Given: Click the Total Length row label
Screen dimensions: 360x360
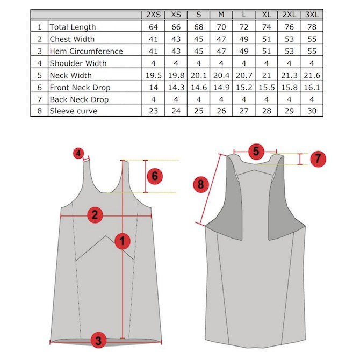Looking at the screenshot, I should pyautogui.click(x=73, y=27).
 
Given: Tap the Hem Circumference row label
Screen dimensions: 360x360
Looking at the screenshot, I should pyautogui.click(x=86, y=51).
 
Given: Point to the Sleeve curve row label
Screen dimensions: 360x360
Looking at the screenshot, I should pyautogui.click(x=74, y=111).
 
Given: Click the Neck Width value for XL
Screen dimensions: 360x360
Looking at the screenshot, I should pyautogui.click(x=266, y=75).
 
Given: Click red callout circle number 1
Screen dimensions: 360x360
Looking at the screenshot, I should pyautogui.click(x=124, y=241).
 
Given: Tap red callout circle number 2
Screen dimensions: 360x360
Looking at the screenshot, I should pyautogui.click(x=95, y=215).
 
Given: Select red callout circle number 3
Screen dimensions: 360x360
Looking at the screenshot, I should pyautogui.click(x=98, y=340).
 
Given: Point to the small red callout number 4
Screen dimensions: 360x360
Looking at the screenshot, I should pyautogui.click(x=79, y=154).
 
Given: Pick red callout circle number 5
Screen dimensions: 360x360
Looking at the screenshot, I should pyautogui.click(x=256, y=152).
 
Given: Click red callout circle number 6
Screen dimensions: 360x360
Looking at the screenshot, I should pyautogui.click(x=155, y=176).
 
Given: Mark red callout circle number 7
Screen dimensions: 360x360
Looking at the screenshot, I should pyautogui.click(x=318, y=159).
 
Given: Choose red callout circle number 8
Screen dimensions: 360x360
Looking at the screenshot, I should pyautogui.click(x=200, y=184).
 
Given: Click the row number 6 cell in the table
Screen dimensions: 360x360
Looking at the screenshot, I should pyautogui.click(x=39, y=87).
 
